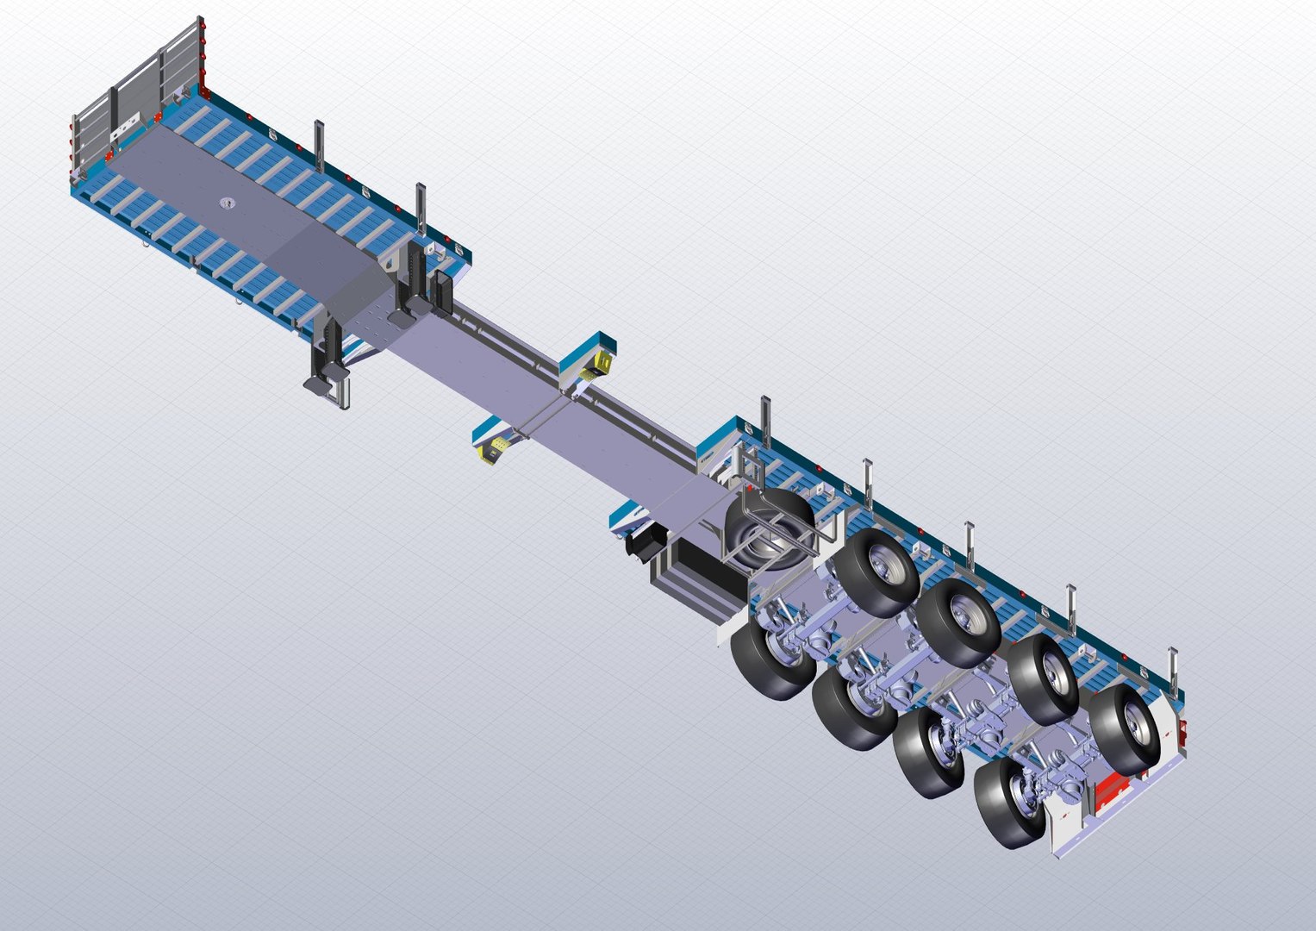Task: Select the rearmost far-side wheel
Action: coord(1126,728)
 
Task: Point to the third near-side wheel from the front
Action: coord(930,752)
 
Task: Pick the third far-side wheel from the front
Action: coord(1044,678)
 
